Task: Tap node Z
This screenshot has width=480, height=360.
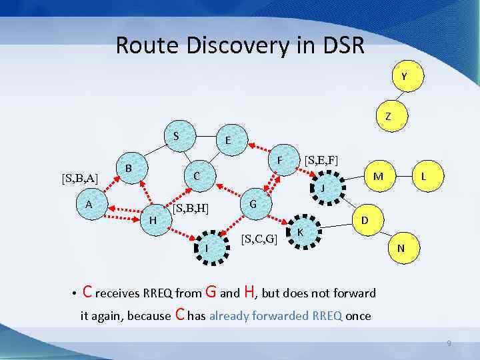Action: click(387, 116)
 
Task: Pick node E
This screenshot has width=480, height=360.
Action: click(228, 141)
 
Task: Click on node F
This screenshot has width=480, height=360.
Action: click(281, 161)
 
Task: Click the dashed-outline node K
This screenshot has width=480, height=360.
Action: click(301, 232)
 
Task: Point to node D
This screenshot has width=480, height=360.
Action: click(365, 219)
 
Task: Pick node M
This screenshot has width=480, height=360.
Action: click(378, 176)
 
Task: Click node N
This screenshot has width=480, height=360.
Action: click(401, 248)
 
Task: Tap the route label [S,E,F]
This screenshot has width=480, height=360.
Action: click(321, 161)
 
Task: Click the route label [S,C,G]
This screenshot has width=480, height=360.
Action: click(259, 239)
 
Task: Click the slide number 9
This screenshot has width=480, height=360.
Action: click(449, 343)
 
